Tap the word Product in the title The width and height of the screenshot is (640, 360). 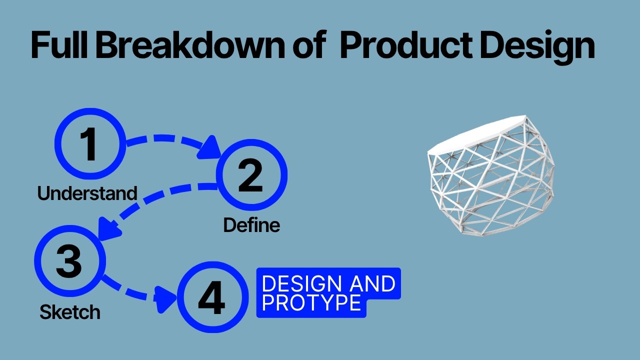405,45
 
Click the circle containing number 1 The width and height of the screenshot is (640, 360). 90,144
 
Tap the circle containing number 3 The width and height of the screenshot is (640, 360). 69,260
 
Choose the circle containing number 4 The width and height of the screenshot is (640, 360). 212,297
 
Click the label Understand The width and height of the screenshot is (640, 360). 87,193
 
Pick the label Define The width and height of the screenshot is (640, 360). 251,225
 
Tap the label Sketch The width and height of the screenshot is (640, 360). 70,312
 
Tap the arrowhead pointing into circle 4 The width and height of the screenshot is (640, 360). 165,298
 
